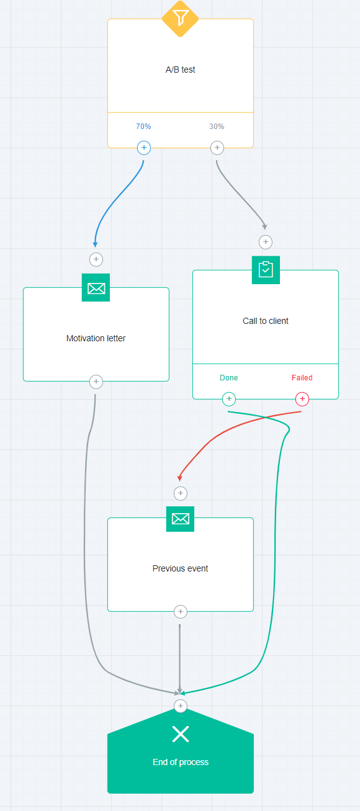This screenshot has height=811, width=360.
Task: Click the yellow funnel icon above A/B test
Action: coord(180,18)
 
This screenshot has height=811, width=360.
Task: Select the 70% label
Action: coord(143,127)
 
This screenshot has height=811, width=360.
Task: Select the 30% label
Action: coord(217,127)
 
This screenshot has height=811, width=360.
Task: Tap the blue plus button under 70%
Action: coord(144,148)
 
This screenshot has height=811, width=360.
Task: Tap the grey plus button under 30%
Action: coord(217,148)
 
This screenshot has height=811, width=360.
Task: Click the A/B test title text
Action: coord(181,69)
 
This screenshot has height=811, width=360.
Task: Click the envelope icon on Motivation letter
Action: coord(96,288)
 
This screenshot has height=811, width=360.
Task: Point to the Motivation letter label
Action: coord(96,338)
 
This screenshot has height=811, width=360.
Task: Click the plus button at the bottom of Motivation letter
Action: coord(96,382)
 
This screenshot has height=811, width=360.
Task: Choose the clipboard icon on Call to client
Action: coord(266,270)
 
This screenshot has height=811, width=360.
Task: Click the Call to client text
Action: coord(266,321)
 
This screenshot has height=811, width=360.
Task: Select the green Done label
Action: coord(229,378)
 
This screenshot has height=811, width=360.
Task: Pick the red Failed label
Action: coord(302,378)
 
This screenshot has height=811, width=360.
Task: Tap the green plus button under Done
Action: coord(229,399)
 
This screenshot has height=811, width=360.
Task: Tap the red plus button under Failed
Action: coord(302,399)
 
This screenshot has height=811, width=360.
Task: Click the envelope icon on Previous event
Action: coord(181,519)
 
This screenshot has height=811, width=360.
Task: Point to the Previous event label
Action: coord(181,568)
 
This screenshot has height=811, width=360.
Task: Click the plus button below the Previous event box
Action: coord(181,612)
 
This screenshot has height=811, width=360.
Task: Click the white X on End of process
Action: coord(181,734)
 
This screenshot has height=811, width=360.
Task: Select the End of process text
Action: coord(181,762)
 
